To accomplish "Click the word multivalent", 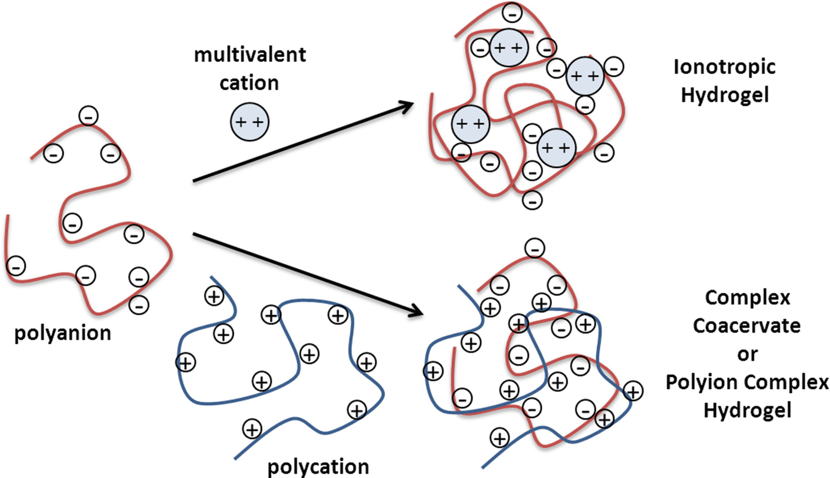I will [249, 55].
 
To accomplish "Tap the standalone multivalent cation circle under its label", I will [250, 123].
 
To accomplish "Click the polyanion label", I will [62, 332].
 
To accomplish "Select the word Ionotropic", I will [724, 67].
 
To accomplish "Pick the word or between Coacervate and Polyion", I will [747, 354].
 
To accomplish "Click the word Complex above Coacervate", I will [747, 297].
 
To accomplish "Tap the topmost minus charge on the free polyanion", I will [89, 116].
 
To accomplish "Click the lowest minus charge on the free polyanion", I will [139, 304].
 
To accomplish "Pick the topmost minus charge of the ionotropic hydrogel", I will [512, 11].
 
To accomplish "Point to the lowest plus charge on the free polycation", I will [252, 429].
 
